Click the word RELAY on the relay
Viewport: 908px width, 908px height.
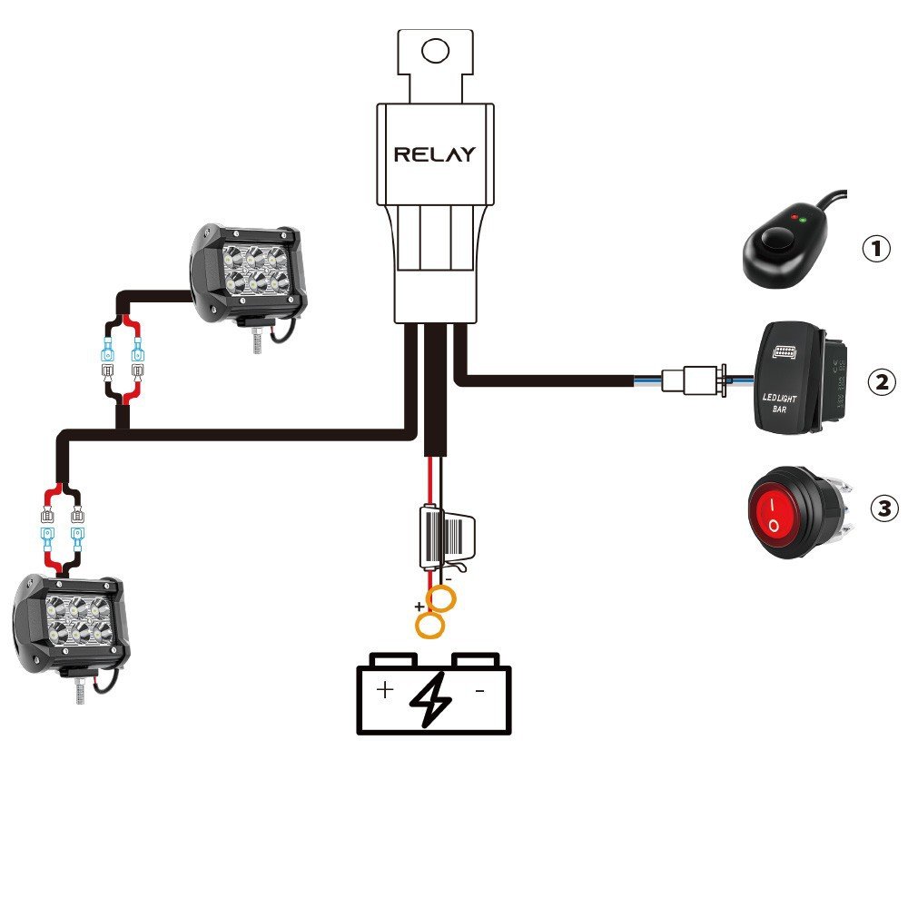click(434, 154)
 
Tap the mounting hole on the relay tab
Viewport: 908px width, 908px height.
click(436, 51)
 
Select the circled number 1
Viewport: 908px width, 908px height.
click(875, 248)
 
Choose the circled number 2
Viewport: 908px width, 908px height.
click(880, 381)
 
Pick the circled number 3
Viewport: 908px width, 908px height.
click(883, 508)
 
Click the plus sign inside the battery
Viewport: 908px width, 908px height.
click(385, 690)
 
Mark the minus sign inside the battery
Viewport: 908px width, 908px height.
click(479, 690)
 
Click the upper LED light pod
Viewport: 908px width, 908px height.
click(248, 272)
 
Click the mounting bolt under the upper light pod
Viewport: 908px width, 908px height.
click(257, 340)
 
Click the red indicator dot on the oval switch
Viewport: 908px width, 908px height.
click(794, 219)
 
